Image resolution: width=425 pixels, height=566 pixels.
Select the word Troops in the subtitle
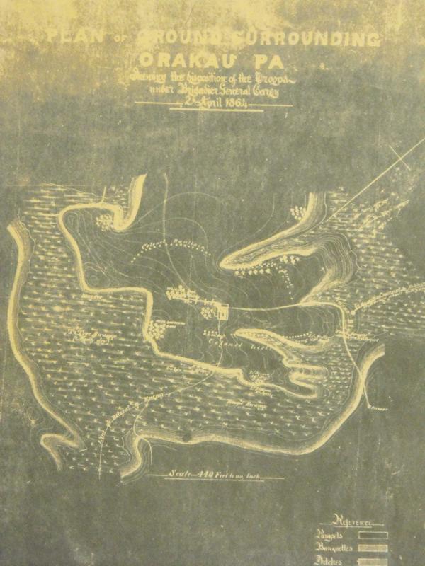265,75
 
